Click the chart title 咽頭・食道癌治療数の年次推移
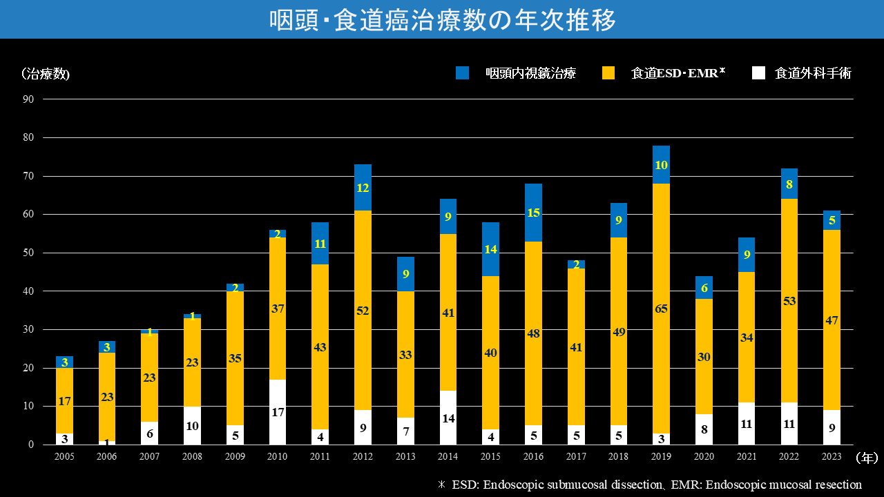click(442, 20)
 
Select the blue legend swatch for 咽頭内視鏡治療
click(462, 73)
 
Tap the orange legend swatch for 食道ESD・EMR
click(608, 73)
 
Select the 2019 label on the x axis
click(661, 457)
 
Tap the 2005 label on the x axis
click(64, 457)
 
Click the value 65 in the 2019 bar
click(661, 309)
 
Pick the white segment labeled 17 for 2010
click(278, 412)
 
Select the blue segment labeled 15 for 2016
click(533, 213)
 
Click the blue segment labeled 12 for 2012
click(363, 187)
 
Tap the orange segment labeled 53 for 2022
click(789, 301)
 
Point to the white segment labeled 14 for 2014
click(448, 418)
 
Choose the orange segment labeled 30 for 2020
click(704, 357)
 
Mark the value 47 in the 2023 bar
click(832, 320)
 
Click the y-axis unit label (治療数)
click(46, 74)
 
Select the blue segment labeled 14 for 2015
click(490, 249)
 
